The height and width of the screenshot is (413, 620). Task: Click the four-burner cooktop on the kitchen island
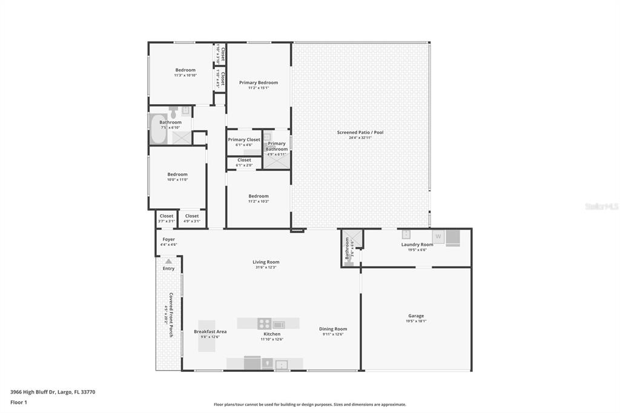pos(264,324)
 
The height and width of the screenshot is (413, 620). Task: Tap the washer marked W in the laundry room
pos(437,236)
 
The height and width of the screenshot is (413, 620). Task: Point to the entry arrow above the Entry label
pos(168,262)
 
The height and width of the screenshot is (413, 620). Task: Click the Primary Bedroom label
pos(259,83)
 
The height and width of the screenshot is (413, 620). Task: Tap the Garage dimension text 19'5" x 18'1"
pos(416,321)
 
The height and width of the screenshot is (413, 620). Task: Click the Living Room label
pos(266,262)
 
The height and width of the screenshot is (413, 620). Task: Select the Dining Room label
pos(333,329)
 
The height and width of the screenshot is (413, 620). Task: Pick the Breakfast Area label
pos(210,331)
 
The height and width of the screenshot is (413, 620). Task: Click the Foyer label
pos(168,239)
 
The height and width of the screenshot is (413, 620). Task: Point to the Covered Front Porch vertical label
pos(171,315)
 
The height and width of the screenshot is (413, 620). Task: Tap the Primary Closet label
pos(244,140)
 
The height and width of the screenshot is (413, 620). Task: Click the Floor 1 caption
pos(19,402)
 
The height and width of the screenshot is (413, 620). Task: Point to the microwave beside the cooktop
pos(279,325)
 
